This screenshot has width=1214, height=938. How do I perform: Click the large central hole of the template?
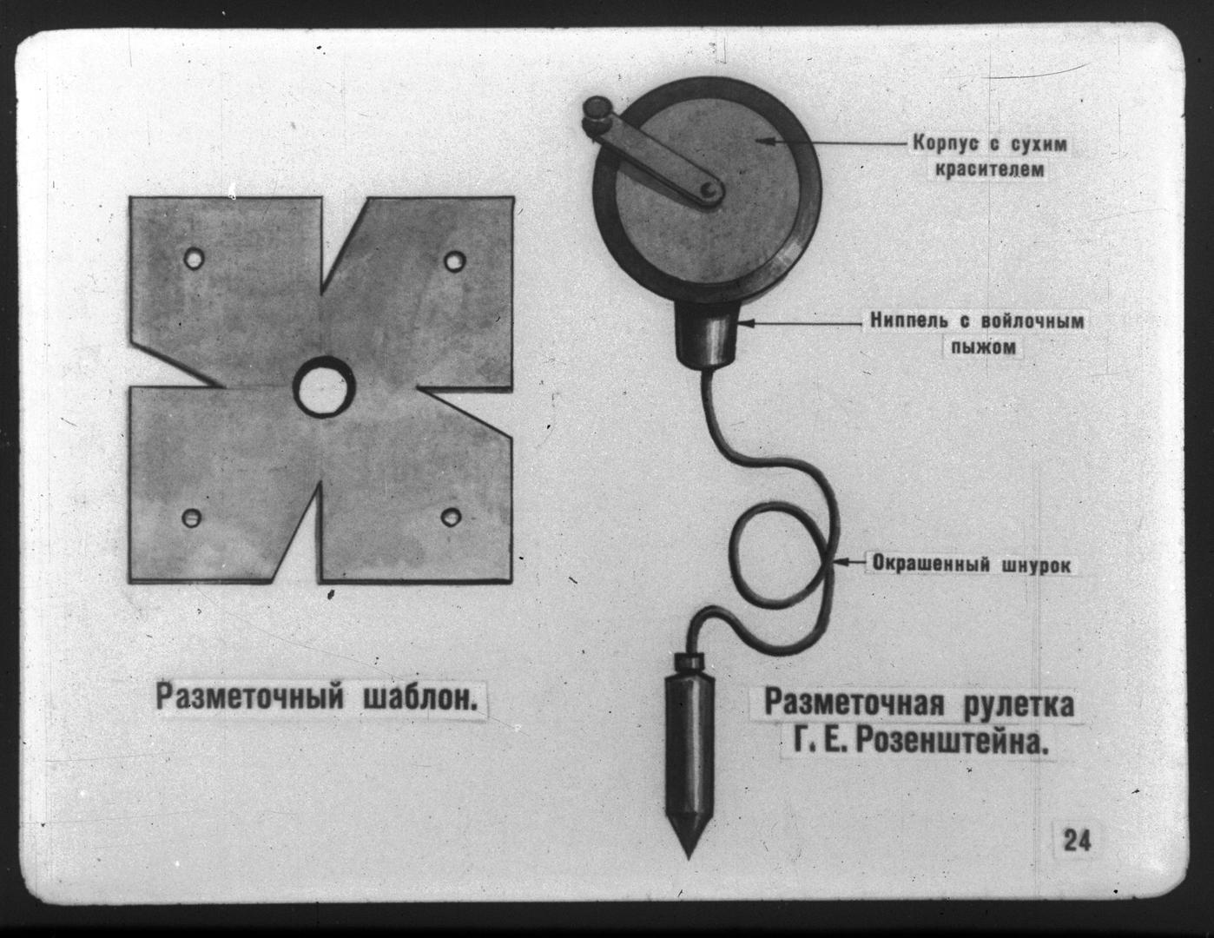(324, 387)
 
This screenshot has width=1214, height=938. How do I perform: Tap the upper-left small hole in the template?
(194, 259)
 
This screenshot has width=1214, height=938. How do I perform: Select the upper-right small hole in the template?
(454, 261)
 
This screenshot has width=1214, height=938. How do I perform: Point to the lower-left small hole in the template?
(192, 518)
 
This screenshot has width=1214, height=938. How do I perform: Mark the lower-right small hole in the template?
(451, 516)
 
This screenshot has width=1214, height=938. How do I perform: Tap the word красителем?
(989, 169)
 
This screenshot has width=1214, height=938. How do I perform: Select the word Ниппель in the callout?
(913, 321)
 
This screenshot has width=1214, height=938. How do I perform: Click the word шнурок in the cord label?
(1034, 565)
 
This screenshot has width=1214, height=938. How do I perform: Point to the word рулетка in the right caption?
(1018, 705)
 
